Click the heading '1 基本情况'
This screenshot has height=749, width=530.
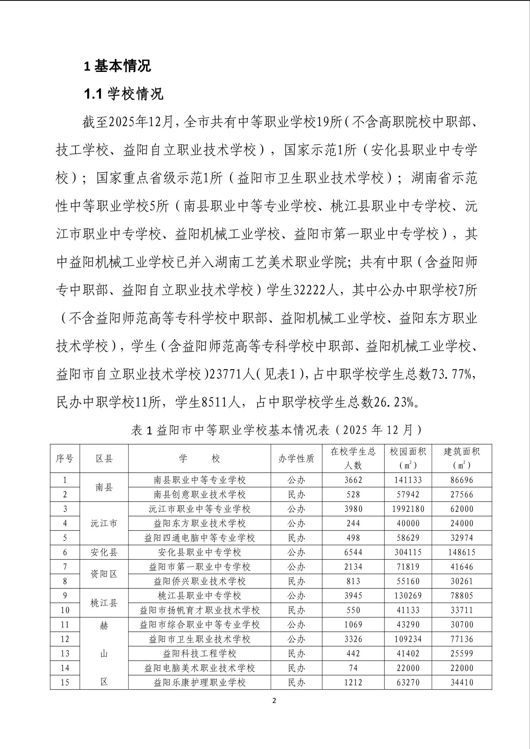point(117,66)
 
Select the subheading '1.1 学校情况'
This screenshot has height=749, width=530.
point(124,94)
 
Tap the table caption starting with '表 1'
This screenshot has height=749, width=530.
point(276,430)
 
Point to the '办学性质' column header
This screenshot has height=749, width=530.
point(296,459)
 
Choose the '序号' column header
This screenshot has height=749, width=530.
point(64,459)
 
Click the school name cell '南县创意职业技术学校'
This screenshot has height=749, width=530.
point(199,494)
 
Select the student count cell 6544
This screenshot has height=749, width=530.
point(353,552)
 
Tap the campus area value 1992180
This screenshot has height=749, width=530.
point(408,509)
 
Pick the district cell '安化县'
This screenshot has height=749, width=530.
point(104,552)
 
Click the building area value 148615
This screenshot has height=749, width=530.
point(462,552)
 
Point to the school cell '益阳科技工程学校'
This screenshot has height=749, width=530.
point(199,653)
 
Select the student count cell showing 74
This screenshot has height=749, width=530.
point(353,668)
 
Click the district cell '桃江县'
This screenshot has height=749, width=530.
point(104,603)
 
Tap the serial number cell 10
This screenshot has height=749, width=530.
point(64,610)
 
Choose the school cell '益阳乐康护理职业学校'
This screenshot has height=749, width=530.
point(199,682)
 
